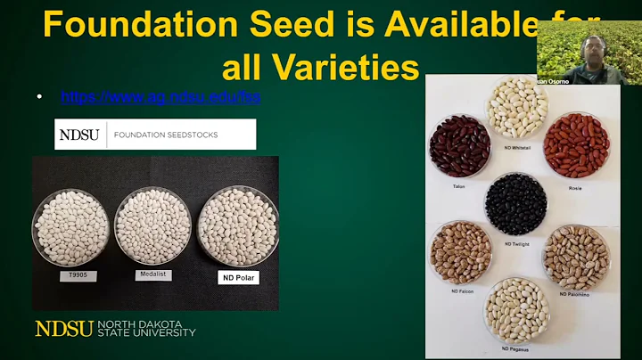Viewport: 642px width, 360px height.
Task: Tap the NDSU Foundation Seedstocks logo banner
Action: pyautogui.click(x=155, y=135)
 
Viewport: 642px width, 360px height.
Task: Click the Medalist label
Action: pyautogui.click(x=152, y=274)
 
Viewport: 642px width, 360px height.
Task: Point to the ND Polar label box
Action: pyautogui.click(x=238, y=277)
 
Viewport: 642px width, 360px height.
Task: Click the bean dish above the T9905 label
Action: pyautogui.click(x=70, y=228)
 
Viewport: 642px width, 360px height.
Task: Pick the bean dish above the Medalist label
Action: pyautogui.click(x=152, y=225)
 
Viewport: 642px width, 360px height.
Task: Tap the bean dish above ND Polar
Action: pyautogui.click(x=237, y=226)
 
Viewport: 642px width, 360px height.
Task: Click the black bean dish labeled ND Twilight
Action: pyautogui.click(x=516, y=203)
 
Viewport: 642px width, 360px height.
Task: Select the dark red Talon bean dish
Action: pyautogui.click(x=460, y=145)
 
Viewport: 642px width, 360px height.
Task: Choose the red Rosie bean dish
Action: pyautogui.click(x=576, y=144)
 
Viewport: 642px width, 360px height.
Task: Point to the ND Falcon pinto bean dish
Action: pyautogui.click(x=461, y=252)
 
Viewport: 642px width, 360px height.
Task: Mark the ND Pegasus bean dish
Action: pyautogui.click(x=516, y=309)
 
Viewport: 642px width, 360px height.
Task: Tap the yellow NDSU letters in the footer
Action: pyautogui.click(x=63, y=329)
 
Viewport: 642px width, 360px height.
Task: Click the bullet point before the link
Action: pyautogui.click(x=39, y=96)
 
